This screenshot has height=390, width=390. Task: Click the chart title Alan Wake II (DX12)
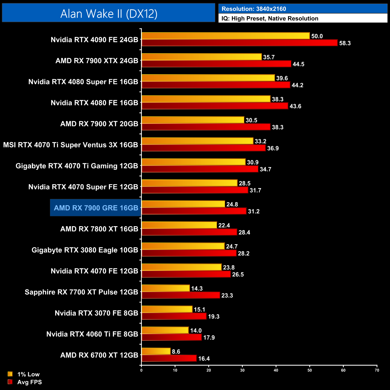(109, 14)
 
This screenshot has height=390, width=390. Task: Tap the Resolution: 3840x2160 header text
(253, 9)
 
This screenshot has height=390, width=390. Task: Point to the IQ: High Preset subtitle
(270, 19)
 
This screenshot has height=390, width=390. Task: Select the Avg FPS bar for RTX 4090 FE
(239, 43)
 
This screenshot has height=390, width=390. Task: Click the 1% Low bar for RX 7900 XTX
(202, 57)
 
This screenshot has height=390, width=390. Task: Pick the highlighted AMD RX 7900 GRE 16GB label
(96, 208)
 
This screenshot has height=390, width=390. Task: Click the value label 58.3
(345, 43)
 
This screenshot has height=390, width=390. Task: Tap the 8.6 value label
(176, 352)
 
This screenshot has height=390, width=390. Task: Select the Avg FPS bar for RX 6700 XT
(169, 358)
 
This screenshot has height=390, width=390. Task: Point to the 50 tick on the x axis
(310, 370)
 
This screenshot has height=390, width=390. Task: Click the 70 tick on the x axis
(377, 370)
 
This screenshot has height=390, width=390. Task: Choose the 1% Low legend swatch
(10, 374)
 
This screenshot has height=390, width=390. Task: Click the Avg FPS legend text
(29, 382)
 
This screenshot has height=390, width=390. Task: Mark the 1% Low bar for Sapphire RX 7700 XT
(166, 288)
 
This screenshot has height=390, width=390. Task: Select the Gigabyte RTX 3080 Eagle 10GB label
(85, 250)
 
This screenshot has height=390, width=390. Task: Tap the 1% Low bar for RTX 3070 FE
(167, 309)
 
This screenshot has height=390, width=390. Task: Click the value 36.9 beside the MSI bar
(273, 148)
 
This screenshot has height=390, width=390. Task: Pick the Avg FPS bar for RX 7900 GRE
(194, 211)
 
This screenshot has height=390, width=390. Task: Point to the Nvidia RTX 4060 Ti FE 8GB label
(92, 334)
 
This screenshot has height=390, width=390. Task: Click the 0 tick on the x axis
(141, 370)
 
